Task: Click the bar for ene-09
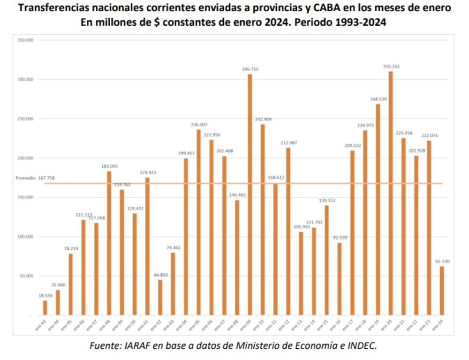coord(250,194)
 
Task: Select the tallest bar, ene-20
coord(391,193)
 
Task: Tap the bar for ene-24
coord(442,290)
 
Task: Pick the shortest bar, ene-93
coord(45,307)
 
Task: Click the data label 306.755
coord(250,69)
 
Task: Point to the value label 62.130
coord(442,261)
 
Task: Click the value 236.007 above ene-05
coord(199,124)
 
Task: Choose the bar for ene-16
coord(340,278)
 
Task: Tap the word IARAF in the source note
coord(137,346)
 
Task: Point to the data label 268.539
coord(378,99)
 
